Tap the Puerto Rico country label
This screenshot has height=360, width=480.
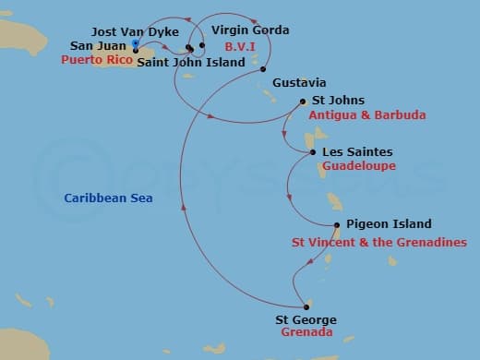(96, 60)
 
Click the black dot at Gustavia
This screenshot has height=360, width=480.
(264, 70)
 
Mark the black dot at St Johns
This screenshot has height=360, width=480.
(304, 102)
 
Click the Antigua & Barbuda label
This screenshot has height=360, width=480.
(367, 115)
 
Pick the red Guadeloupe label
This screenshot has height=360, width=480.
(359, 166)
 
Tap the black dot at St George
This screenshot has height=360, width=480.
(306, 307)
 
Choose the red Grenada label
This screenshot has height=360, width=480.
(306, 333)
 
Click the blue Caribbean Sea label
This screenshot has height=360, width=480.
(109, 198)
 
